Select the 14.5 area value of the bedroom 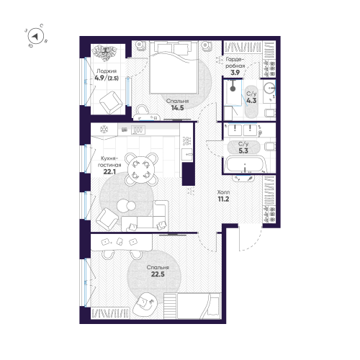(176, 109)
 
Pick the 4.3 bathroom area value (251, 101)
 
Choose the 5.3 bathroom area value (243, 152)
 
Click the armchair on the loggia (109, 105)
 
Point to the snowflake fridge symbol (103, 130)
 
